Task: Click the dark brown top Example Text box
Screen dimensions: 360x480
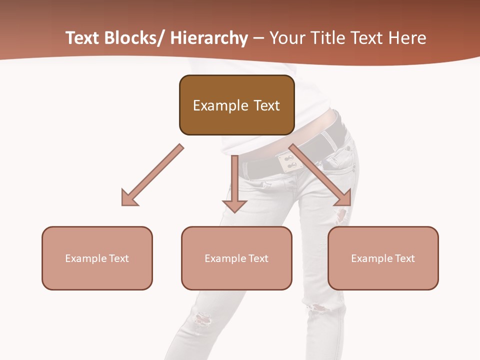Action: (x=236, y=105)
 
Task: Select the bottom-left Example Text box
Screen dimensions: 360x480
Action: (x=97, y=258)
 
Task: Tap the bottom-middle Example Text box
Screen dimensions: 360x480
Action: (x=236, y=258)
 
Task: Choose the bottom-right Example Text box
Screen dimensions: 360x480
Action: (x=383, y=258)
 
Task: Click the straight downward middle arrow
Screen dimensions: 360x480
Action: (x=234, y=182)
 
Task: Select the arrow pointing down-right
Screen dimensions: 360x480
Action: (x=320, y=175)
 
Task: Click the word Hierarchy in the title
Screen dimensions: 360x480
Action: (x=209, y=38)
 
